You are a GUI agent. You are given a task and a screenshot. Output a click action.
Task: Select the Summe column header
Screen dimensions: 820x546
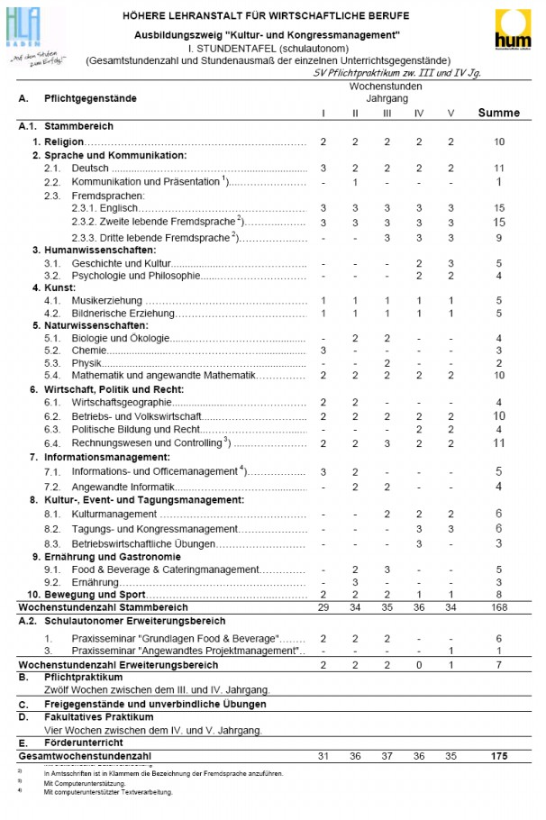(498, 113)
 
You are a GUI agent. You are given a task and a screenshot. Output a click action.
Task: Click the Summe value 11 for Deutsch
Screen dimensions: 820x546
(498, 169)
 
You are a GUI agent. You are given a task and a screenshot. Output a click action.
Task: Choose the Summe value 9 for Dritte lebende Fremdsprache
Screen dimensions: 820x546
(498, 237)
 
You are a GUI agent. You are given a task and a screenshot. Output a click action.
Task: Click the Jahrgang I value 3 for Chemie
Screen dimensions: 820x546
(323, 350)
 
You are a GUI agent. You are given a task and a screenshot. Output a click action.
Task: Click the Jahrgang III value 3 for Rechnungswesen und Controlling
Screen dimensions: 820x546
(387, 442)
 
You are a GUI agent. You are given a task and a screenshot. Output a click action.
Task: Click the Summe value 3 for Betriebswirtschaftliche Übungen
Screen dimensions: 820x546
(498, 543)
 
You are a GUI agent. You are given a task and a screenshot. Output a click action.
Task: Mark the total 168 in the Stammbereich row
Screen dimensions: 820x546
(498, 607)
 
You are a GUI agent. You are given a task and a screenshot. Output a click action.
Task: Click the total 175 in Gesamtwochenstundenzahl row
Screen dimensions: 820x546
(498, 755)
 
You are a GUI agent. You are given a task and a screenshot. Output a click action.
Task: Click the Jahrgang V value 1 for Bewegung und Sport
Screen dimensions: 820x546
(450, 594)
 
